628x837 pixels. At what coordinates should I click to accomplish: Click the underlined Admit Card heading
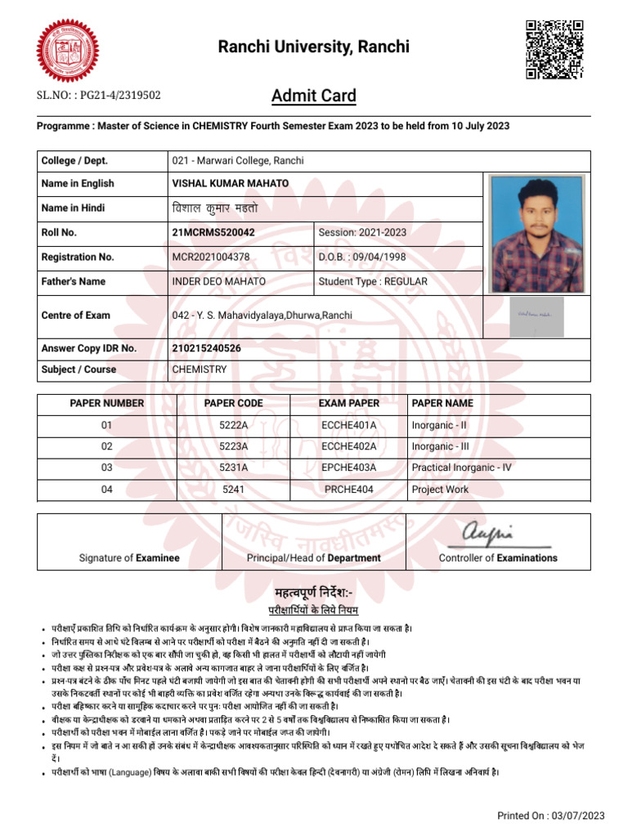[314, 96]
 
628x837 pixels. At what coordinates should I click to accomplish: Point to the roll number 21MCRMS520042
[213, 232]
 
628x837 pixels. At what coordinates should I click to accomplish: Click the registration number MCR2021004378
[211, 257]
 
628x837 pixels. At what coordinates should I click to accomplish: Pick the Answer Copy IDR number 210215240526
[218, 348]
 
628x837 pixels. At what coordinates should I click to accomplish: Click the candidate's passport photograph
[537, 234]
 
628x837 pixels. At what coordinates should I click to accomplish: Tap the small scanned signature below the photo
[536, 316]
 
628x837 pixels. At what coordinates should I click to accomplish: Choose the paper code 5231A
[233, 468]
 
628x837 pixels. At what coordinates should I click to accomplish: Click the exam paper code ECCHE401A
[349, 425]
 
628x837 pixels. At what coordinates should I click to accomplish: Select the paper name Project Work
[441, 490]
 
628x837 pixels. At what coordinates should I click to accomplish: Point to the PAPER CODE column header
[233, 403]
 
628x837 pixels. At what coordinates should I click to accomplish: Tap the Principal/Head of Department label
[314, 558]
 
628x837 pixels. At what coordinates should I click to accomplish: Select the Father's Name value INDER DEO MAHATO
[218, 282]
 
